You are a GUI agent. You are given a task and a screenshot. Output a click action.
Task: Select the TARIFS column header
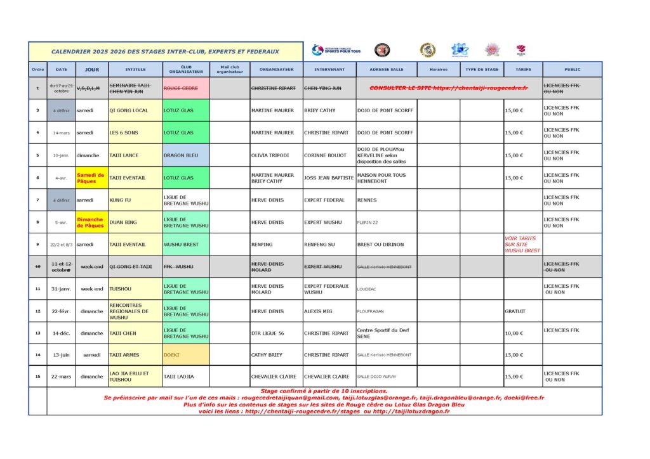(x=523, y=69)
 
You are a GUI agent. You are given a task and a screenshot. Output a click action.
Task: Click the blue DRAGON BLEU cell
(x=186, y=155)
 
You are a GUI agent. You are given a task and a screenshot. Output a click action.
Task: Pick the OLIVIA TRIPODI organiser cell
(x=276, y=155)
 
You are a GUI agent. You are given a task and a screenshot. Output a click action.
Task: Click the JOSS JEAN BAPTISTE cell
(x=329, y=178)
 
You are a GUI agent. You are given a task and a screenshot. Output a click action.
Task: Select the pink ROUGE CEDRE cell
(x=186, y=88)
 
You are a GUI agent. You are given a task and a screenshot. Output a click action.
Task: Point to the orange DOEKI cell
(x=186, y=355)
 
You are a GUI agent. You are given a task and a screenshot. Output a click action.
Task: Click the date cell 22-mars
(x=62, y=377)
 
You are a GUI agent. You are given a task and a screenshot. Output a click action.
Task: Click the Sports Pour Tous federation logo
(x=336, y=50)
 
